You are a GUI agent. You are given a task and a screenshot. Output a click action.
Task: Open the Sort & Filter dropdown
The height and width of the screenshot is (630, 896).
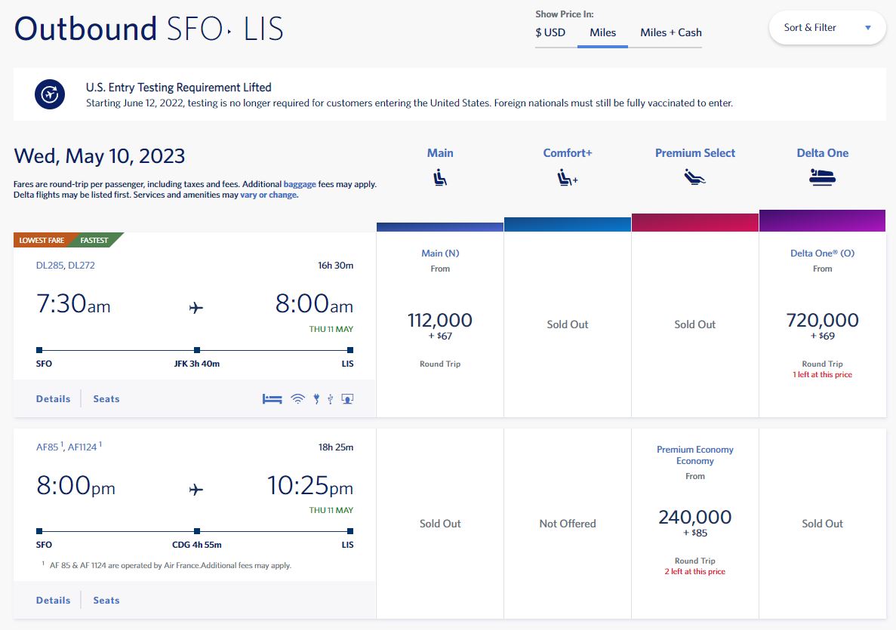tap(827, 28)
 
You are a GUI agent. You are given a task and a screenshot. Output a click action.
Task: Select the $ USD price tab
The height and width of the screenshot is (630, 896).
tap(550, 32)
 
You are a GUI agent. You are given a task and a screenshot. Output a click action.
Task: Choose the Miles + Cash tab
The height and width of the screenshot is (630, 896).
tap(670, 32)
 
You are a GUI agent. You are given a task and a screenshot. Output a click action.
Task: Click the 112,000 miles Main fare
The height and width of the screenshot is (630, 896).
tap(439, 321)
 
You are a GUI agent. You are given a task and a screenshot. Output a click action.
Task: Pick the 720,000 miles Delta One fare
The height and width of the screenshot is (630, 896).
tap(822, 321)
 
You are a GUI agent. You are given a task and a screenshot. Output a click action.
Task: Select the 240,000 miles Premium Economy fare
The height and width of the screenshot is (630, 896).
tap(694, 518)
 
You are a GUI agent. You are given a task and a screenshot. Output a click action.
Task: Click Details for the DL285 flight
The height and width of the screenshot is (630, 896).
tap(53, 399)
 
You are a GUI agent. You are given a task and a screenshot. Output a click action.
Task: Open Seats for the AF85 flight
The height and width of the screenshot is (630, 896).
tap(106, 601)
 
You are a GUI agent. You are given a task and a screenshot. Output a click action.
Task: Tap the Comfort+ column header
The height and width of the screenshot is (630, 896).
tap(567, 153)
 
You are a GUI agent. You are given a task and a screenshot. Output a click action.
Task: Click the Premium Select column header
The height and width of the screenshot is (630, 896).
tap(694, 153)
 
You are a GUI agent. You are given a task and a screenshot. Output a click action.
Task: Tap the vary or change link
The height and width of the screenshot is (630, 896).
tap(269, 195)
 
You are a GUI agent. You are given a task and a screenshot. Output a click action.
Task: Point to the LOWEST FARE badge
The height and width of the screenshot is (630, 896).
tap(42, 241)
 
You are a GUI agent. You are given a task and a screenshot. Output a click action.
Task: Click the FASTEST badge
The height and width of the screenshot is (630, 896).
tap(94, 241)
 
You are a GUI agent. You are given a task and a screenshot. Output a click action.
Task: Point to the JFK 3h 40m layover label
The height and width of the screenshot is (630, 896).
tap(196, 364)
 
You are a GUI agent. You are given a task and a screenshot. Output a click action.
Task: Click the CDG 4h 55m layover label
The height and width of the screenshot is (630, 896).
tap(196, 545)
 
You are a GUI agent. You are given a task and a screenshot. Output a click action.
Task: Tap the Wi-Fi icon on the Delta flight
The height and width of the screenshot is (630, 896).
tap(297, 399)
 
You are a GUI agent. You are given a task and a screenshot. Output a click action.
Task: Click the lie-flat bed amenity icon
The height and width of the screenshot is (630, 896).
tap(272, 399)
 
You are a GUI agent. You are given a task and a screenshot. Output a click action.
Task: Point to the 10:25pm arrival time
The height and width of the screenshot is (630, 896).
tap(309, 487)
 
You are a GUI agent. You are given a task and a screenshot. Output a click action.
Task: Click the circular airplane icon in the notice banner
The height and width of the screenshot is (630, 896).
tap(49, 94)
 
